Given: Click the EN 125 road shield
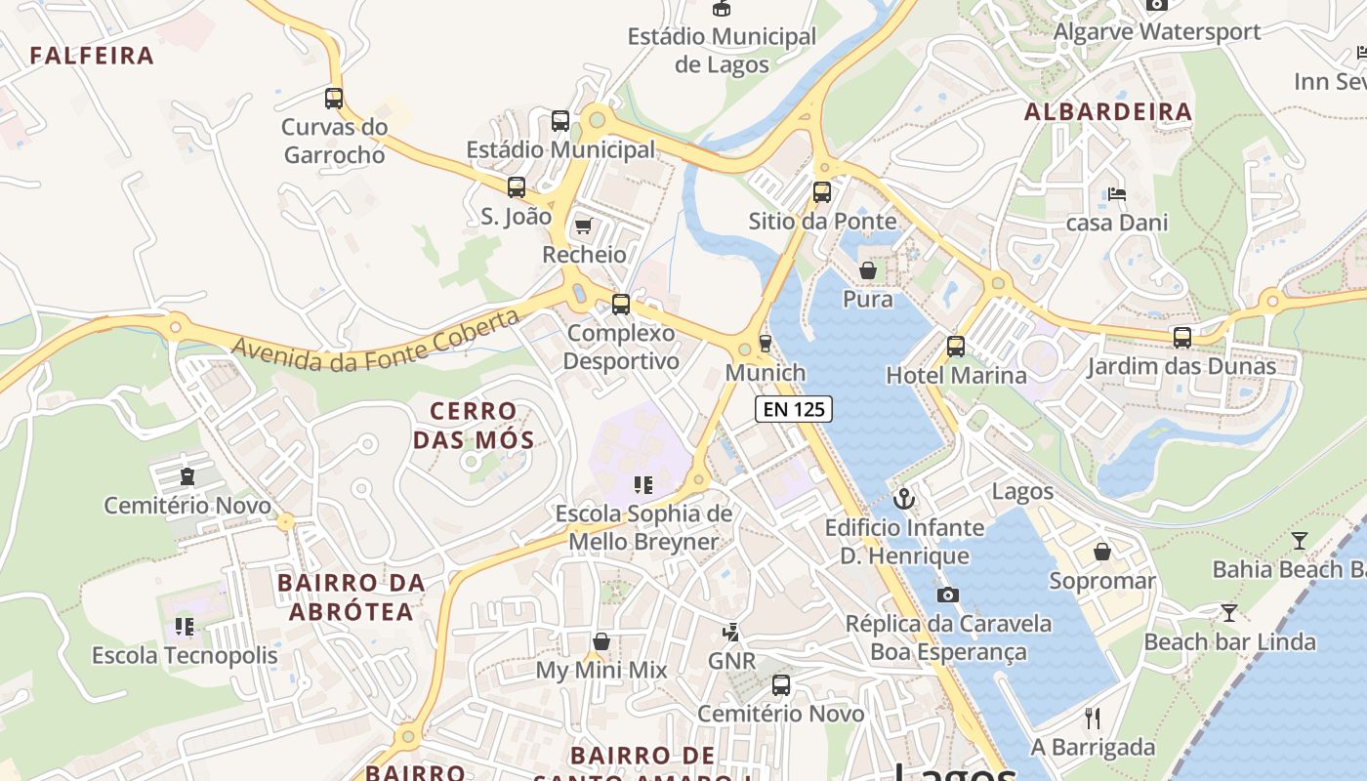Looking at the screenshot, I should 794,409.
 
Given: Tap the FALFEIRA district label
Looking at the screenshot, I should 92,56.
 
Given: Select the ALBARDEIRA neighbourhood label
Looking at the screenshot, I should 1108,112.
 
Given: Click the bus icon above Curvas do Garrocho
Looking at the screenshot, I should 334,99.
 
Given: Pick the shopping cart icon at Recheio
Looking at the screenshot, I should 583,226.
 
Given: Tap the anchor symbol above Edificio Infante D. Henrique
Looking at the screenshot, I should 904,499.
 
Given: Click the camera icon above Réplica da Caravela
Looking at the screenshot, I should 947,595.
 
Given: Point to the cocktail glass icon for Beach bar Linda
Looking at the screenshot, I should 1229,613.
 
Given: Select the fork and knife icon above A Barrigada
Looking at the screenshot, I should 1093,719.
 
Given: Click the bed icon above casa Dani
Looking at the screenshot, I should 1117,194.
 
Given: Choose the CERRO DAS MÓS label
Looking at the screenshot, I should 474,426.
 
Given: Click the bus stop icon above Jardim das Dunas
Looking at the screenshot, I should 1182,338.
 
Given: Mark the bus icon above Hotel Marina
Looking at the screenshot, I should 956,347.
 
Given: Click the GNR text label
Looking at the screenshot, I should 732,661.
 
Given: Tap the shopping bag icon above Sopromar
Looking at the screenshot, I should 1102,553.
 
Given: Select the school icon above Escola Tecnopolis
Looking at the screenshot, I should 185,627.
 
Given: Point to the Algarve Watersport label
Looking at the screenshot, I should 1157,31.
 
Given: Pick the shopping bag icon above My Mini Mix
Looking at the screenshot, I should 601,641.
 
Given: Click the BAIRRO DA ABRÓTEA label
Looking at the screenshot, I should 352,597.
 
